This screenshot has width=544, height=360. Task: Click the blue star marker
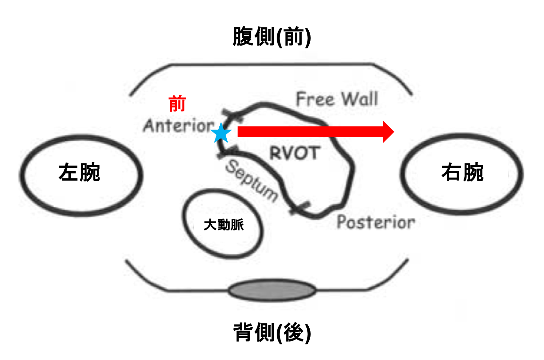[221, 133]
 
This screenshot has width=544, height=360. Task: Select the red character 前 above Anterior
[177, 103]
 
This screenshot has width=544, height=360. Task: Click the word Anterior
[179, 125]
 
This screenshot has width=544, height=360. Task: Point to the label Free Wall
[337, 99]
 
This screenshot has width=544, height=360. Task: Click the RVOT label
[295, 153]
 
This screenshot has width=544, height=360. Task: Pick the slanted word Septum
[252, 181]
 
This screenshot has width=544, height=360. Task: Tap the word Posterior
[376, 222]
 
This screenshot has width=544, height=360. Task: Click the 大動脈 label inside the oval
[224, 225]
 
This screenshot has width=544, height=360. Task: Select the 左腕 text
[79, 172]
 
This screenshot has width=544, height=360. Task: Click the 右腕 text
[462, 172]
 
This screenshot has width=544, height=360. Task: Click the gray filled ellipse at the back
[272, 290]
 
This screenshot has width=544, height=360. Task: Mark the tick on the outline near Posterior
[300, 208]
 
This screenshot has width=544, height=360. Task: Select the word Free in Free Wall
[315, 99]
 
